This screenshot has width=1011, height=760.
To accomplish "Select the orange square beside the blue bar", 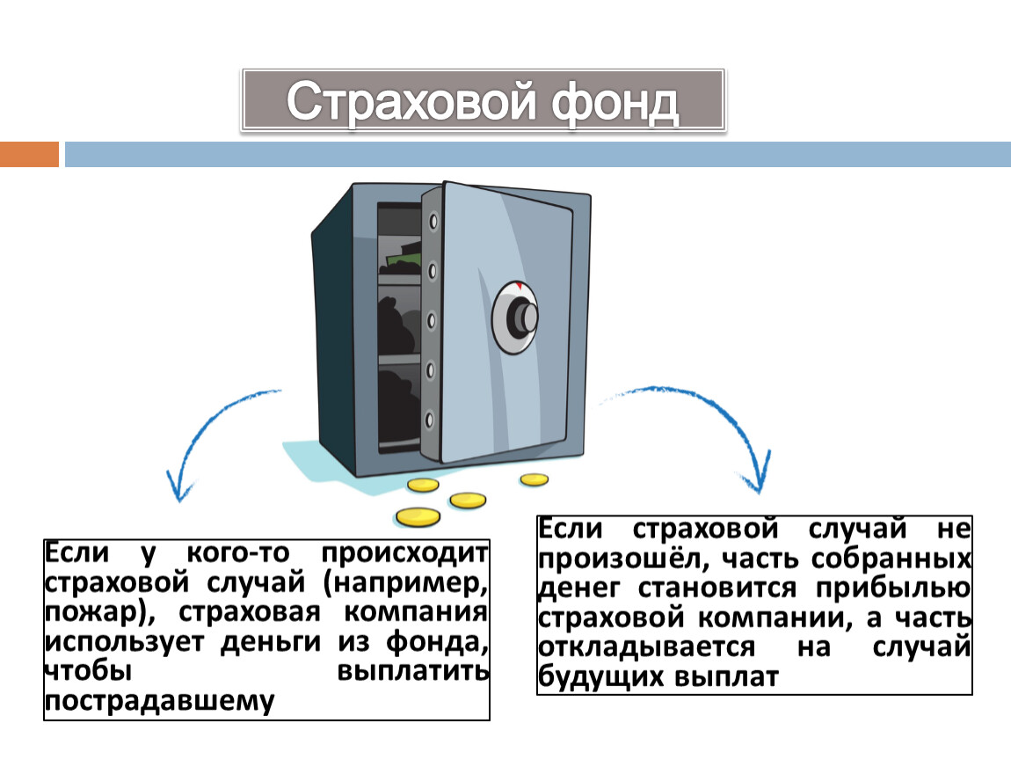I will tap(29, 154).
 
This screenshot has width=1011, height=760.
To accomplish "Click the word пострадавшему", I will tap(159, 702).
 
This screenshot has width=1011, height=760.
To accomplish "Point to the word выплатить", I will tap(413, 672).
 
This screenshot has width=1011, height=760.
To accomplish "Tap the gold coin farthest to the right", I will tap(534, 479).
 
